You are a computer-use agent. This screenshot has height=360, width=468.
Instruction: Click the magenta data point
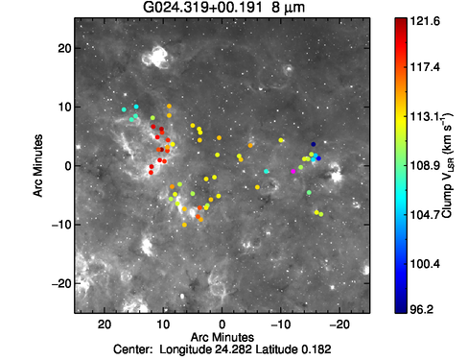pyautogui.click(x=293, y=171)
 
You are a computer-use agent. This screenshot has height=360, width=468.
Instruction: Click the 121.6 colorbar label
pyautogui.click(x=425, y=21)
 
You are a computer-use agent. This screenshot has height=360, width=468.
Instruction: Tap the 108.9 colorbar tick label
pyautogui.click(x=425, y=166)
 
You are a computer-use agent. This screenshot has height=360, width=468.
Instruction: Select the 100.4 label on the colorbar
pyautogui.click(x=425, y=264)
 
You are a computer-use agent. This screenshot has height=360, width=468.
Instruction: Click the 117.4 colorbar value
pyautogui.click(x=425, y=67)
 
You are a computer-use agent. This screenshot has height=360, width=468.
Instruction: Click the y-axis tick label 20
pyautogui.click(x=64, y=48)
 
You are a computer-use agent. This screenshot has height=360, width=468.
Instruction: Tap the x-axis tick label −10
pyautogui.click(x=280, y=324)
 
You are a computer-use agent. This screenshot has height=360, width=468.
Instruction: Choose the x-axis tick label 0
pyautogui.click(x=222, y=324)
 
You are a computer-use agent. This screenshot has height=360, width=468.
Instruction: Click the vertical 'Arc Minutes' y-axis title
pyautogui.click(x=38, y=165)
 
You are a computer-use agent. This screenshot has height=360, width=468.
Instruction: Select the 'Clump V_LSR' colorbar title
pyautogui.click(x=447, y=165)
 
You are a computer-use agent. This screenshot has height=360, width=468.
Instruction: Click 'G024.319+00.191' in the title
pyautogui.click(x=202, y=7)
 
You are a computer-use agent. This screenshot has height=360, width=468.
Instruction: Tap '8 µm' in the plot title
pyautogui.click(x=288, y=8)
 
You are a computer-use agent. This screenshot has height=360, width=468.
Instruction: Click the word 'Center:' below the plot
pyautogui.click(x=133, y=349)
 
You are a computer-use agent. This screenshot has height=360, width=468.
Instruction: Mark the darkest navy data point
pyautogui.click(x=314, y=144)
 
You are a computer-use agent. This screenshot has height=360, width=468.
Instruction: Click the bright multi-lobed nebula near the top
pyautogui.click(x=155, y=58)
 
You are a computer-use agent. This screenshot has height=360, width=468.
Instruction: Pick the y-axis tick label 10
pyautogui.click(x=64, y=108)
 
